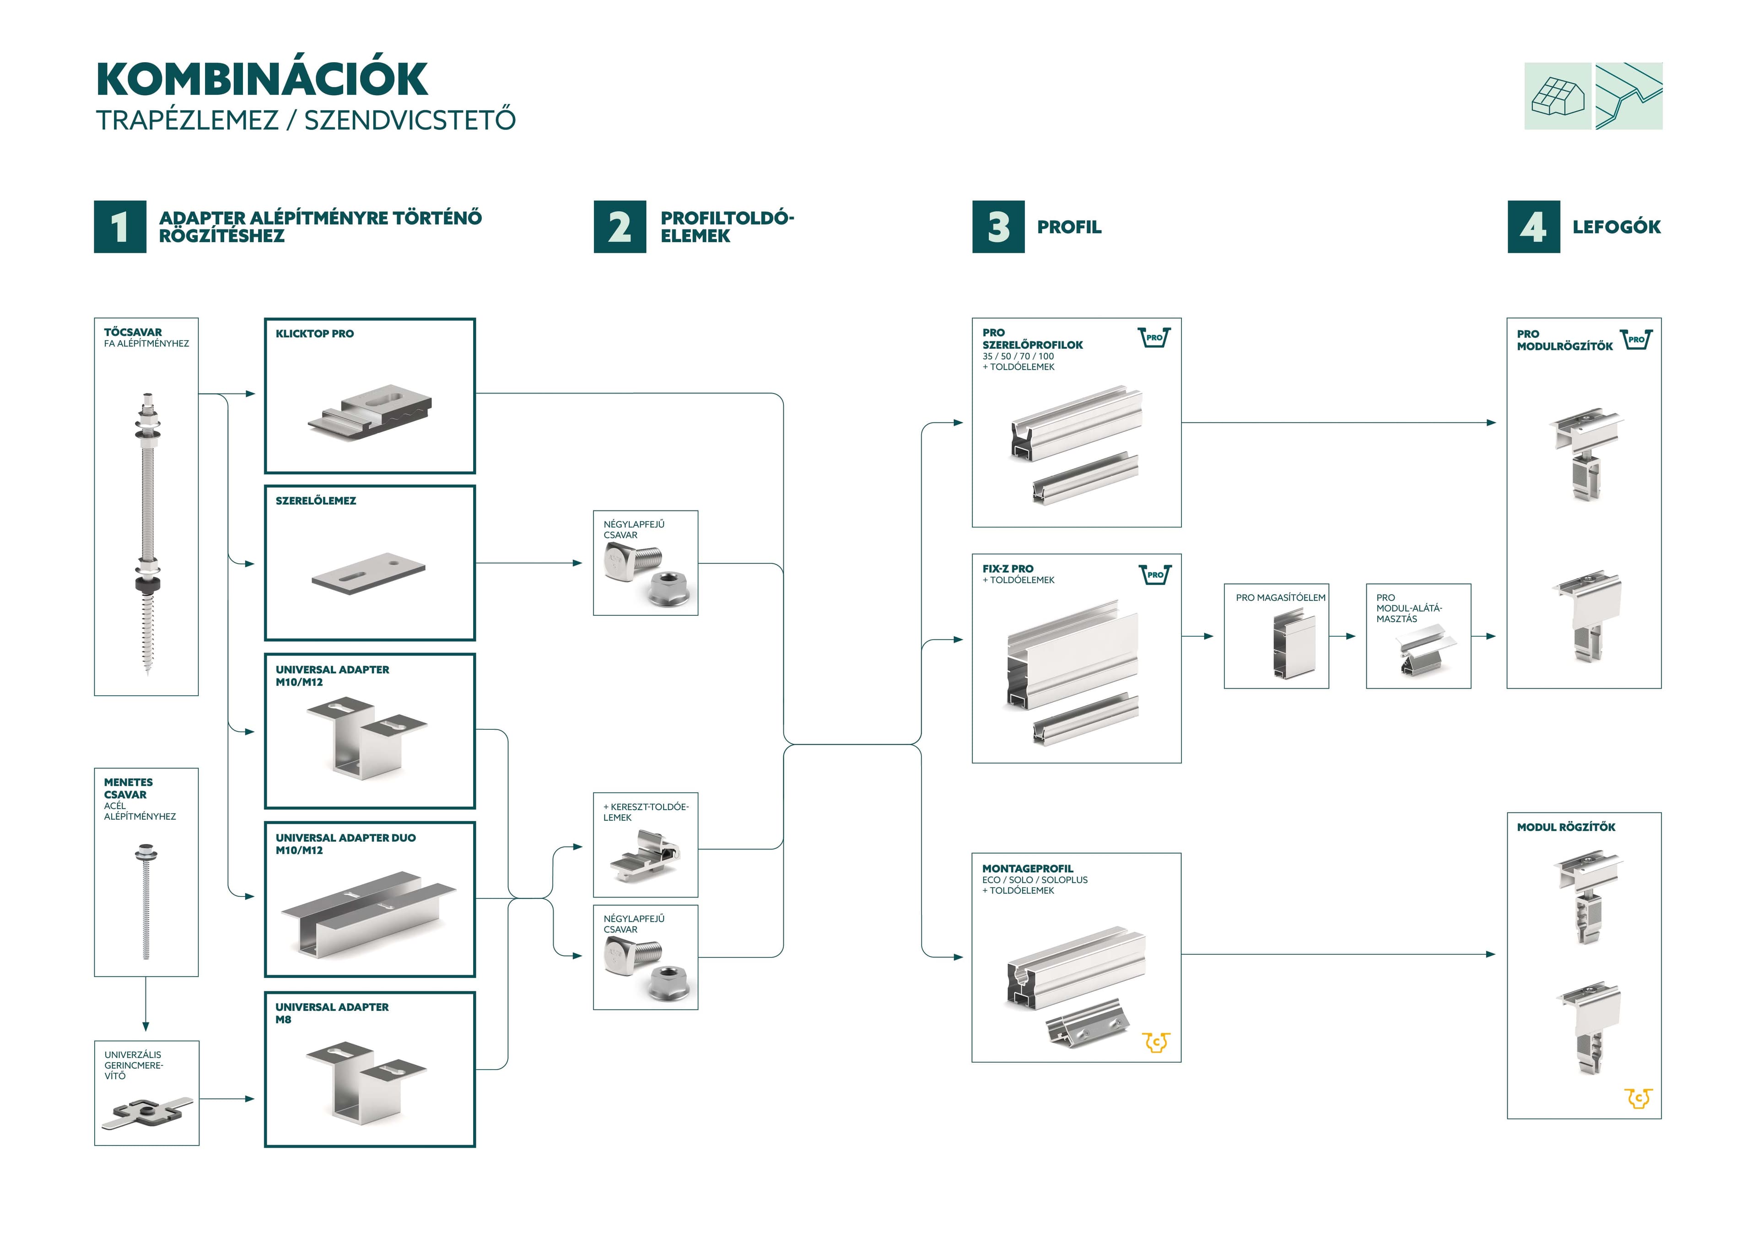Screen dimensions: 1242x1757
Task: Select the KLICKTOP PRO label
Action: (314, 333)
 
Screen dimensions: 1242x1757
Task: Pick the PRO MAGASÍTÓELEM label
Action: (1280, 597)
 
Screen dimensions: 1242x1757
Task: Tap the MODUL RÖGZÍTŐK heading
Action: (1566, 827)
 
